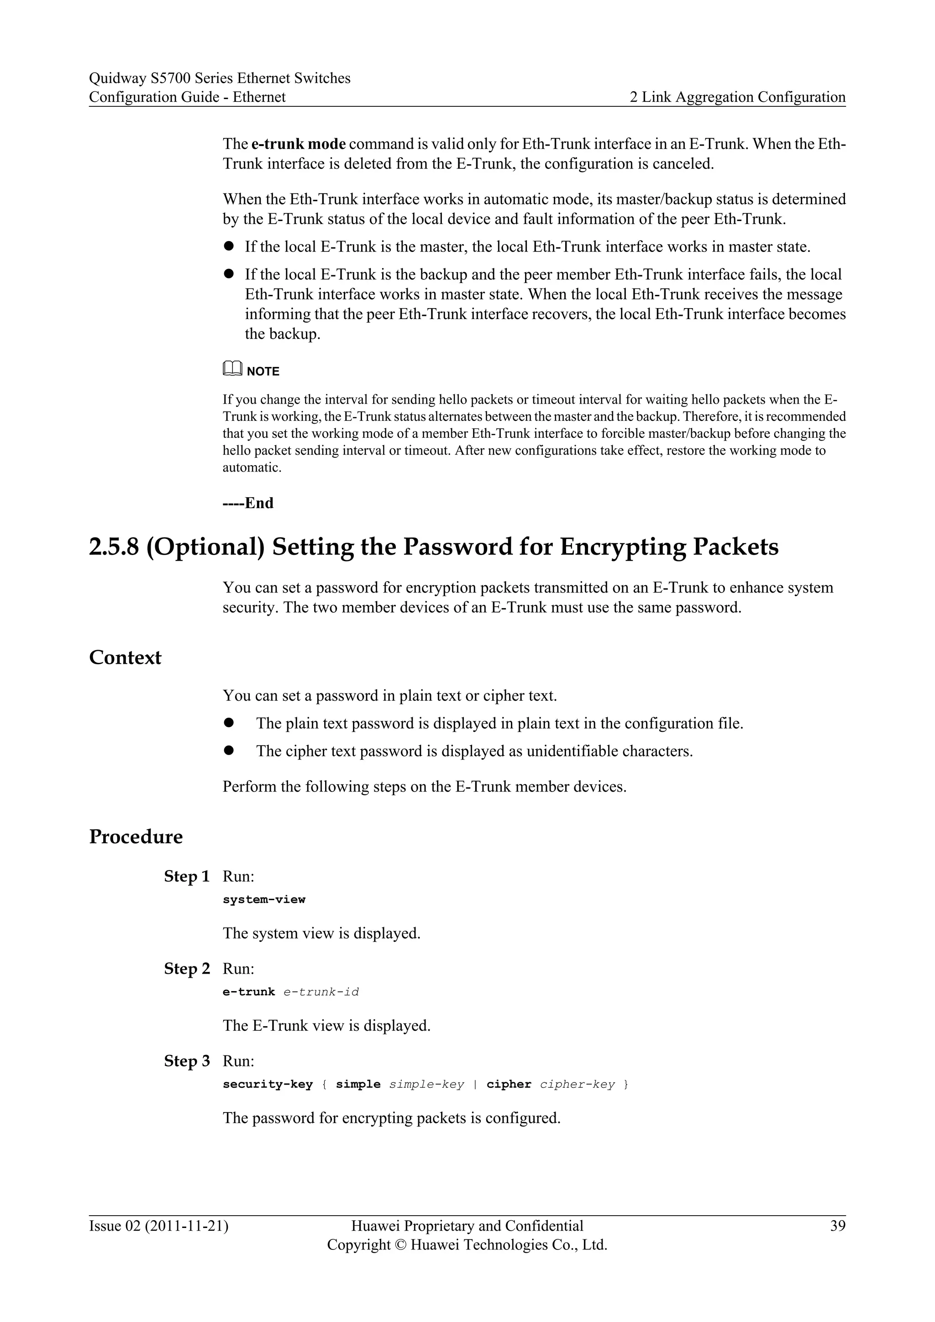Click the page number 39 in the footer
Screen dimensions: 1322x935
pyautogui.click(x=838, y=1226)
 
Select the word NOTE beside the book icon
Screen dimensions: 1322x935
pyautogui.click(x=263, y=372)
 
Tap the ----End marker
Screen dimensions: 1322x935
pyautogui.click(x=248, y=503)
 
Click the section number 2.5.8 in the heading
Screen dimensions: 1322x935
pyautogui.click(x=114, y=546)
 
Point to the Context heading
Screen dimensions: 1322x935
pyautogui.click(x=125, y=657)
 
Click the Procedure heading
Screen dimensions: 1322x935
pyautogui.click(x=136, y=837)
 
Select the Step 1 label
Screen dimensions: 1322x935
pyautogui.click(x=187, y=876)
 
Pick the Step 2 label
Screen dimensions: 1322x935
pyautogui.click(x=187, y=969)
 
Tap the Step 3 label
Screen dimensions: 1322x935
pyautogui.click(x=187, y=1060)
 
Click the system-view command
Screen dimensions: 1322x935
pyautogui.click(x=264, y=899)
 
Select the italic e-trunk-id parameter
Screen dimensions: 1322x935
pyautogui.click(x=321, y=991)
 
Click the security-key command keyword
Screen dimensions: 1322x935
pyautogui.click(x=267, y=1084)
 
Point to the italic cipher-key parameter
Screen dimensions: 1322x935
pyautogui.click(x=577, y=1084)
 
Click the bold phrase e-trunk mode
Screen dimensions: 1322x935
pyautogui.click(x=298, y=143)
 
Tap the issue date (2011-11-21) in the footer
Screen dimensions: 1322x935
pyautogui.click(x=187, y=1226)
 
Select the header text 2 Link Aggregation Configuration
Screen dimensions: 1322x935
pyautogui.click(x=737, y=97)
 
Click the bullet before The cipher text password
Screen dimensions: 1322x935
pyautogui.click(x=229, y=750)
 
